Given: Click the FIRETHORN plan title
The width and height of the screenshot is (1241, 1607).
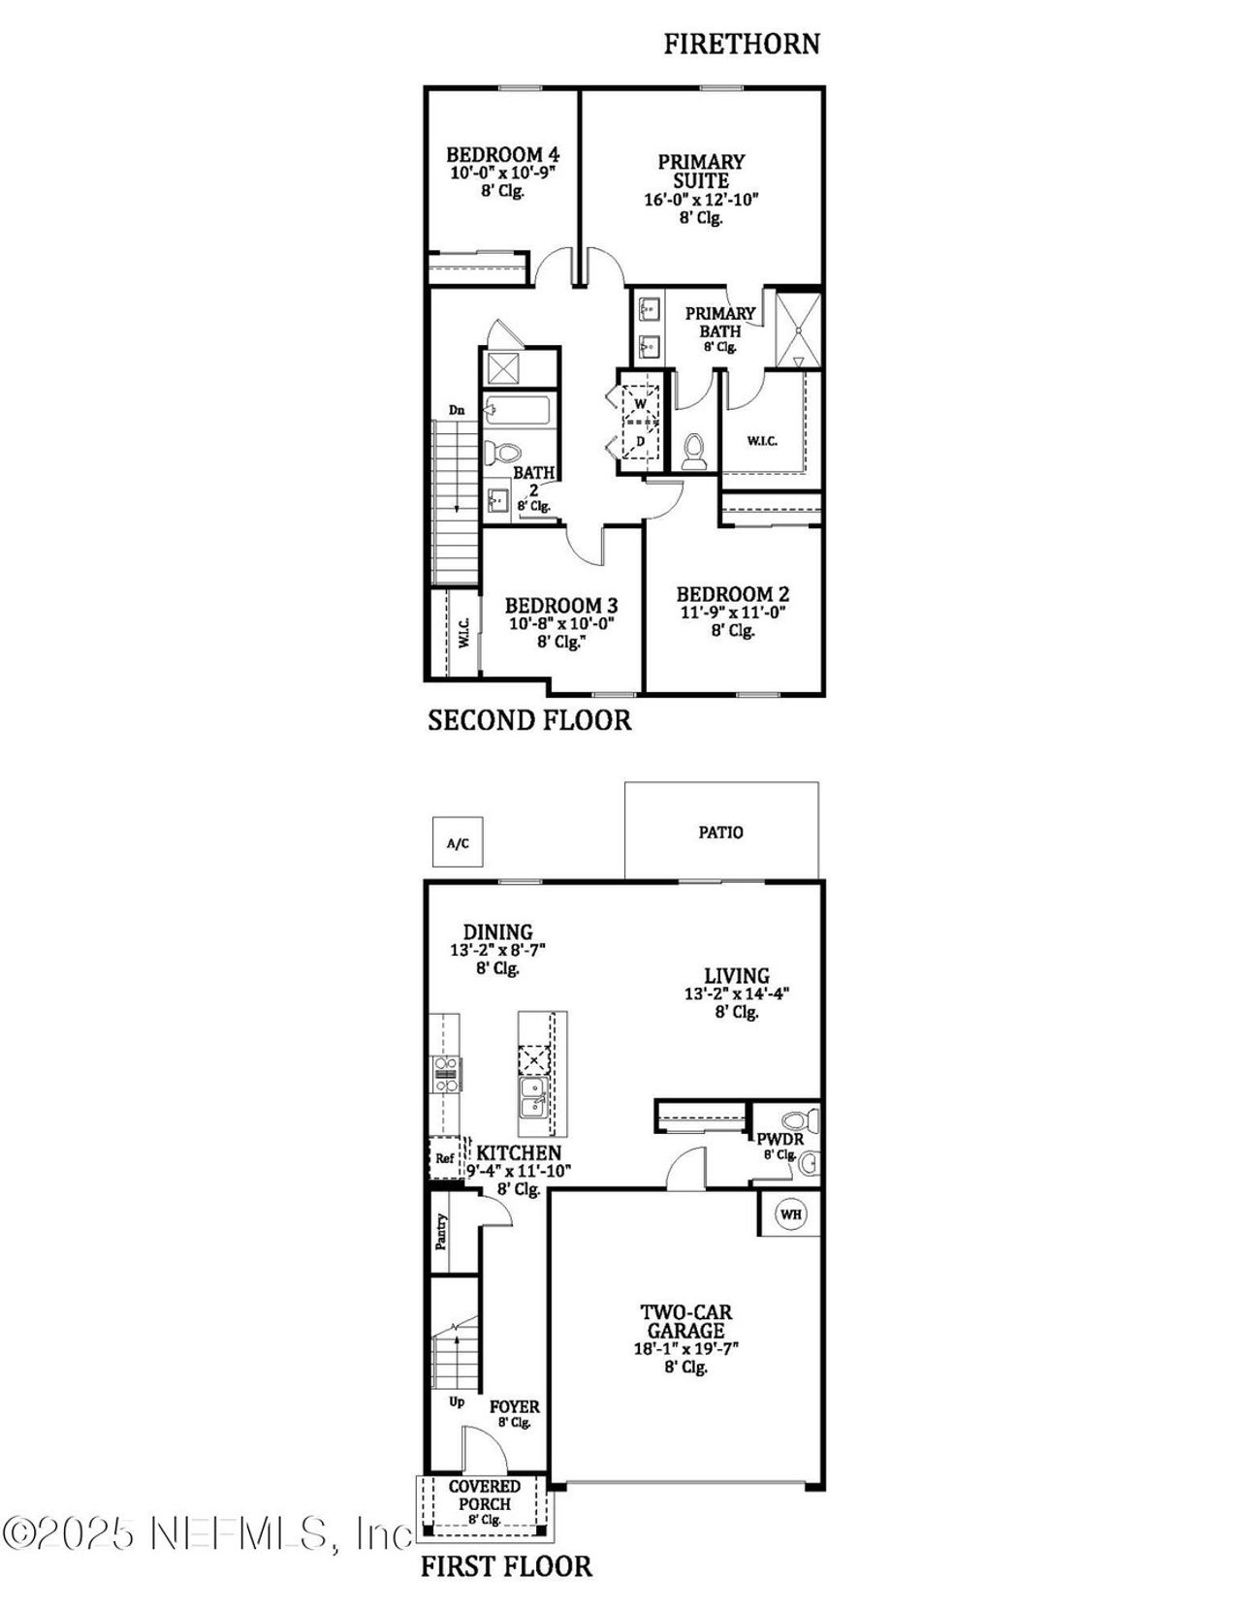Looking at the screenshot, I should [x=742, y=44].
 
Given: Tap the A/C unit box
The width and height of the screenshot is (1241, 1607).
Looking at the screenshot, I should [x=458, y=843].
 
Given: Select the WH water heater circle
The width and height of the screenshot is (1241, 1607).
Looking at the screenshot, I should [x=791, y=1213].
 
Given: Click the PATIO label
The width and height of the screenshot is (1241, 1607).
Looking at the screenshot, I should [x=721, y=832].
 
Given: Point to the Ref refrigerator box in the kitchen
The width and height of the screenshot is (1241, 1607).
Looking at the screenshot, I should [x=444, y=1158].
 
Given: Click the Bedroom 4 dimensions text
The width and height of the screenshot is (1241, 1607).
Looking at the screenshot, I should [x=501, y=173].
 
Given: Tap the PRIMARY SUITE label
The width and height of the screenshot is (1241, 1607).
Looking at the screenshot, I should [x=701, y=171].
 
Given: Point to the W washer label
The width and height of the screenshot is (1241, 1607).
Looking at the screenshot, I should [x=640, y=403].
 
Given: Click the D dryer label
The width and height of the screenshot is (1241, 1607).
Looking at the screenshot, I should [x=640, y=442].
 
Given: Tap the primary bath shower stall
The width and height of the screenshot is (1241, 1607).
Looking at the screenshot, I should [x=798, y=330].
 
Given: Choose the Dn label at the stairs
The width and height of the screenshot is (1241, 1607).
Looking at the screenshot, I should [x=457, y=410].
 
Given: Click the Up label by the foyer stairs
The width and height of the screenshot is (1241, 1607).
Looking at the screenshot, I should [x=457, y=1402].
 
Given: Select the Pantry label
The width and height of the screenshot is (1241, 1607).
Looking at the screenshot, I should [x=442, y=1232].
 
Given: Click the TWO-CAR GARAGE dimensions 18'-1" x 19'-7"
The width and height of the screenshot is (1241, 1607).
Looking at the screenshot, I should [x=685, y=1348].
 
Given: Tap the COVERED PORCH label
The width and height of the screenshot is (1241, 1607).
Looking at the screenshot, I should [x=485, y=1495].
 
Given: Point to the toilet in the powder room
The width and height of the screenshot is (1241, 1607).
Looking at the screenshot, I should [x=798, y=1121].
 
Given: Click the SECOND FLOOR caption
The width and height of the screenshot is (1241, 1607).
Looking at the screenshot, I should [x=529, y=720].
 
